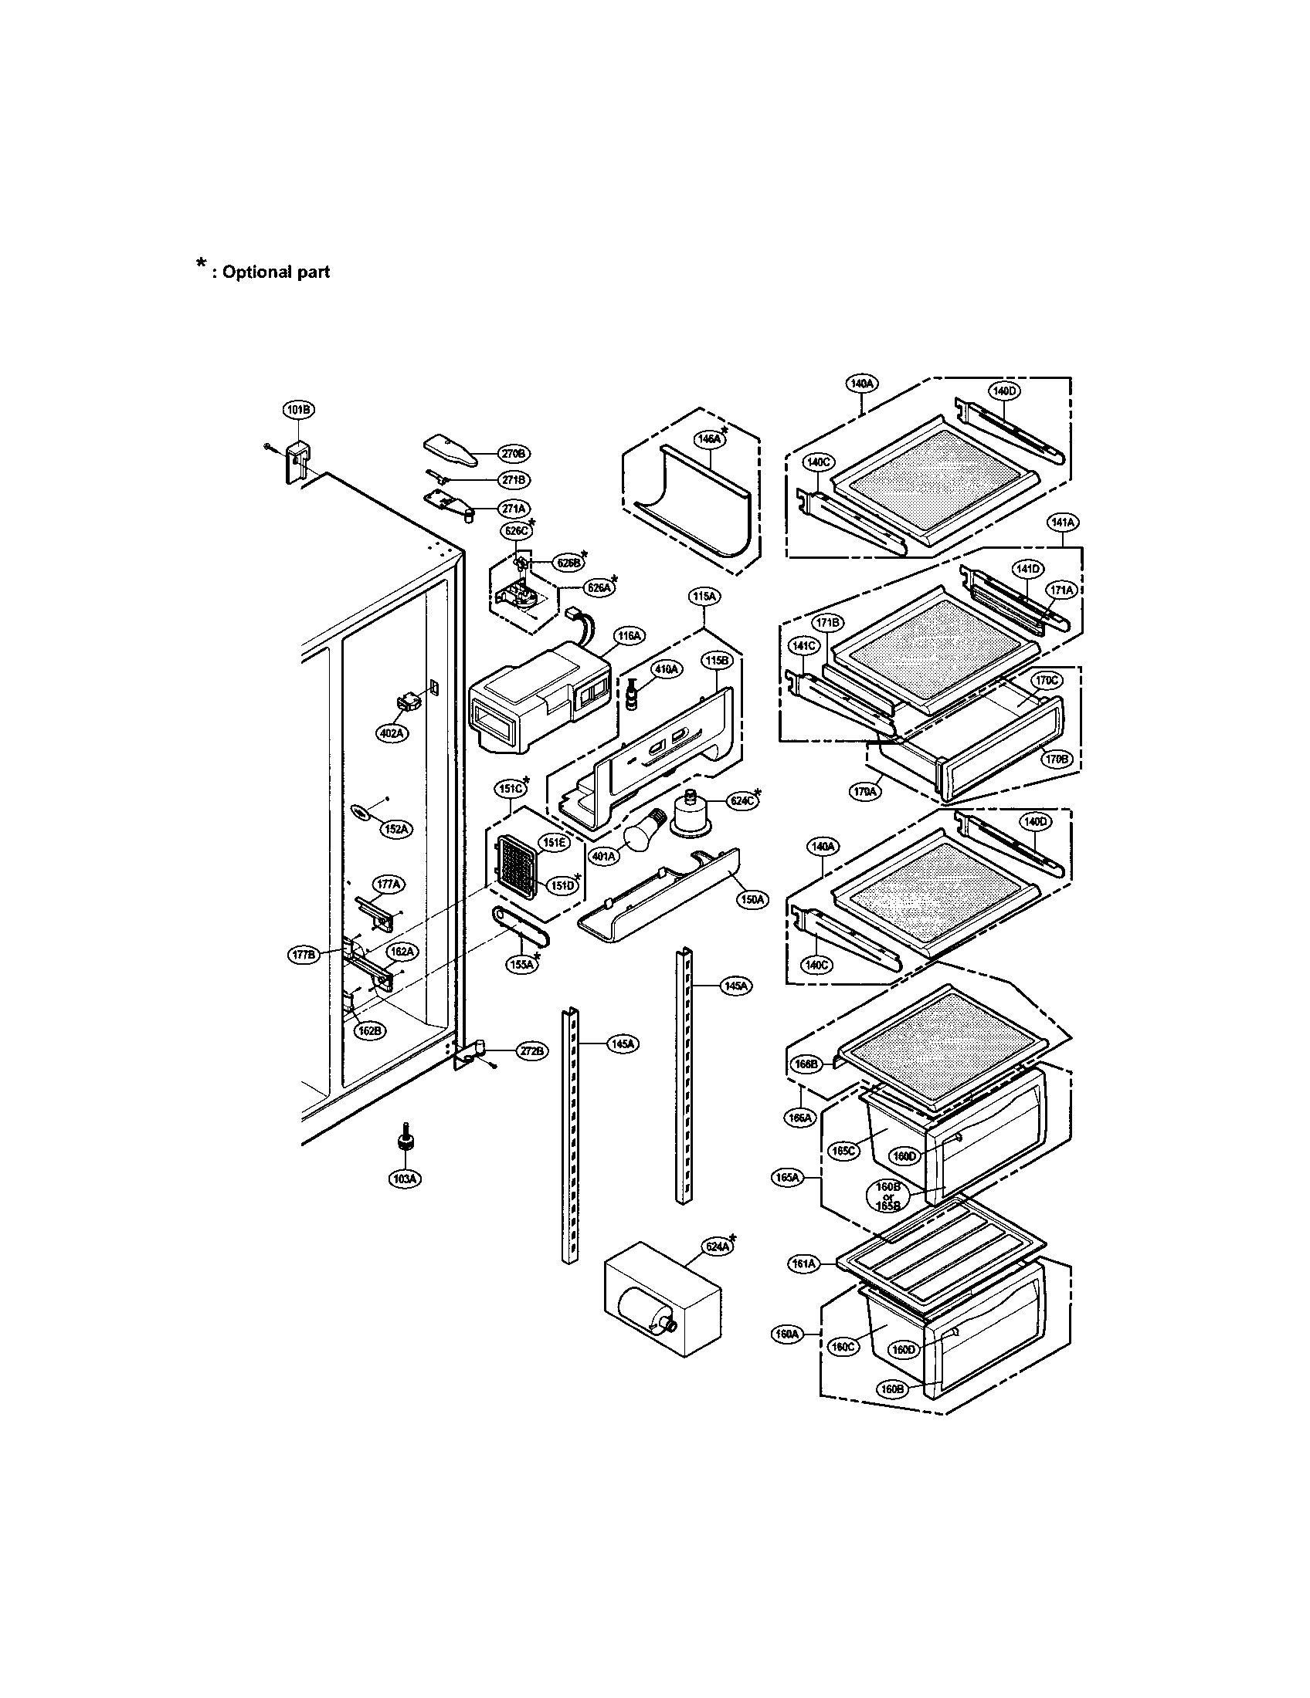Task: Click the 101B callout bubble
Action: coord(297,410)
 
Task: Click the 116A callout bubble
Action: coord(629,636)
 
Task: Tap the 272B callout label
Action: coord(532,1051)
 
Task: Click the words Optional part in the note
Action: coord(277,272)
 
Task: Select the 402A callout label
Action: coord(392,732)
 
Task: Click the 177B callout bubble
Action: coord(304,956)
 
